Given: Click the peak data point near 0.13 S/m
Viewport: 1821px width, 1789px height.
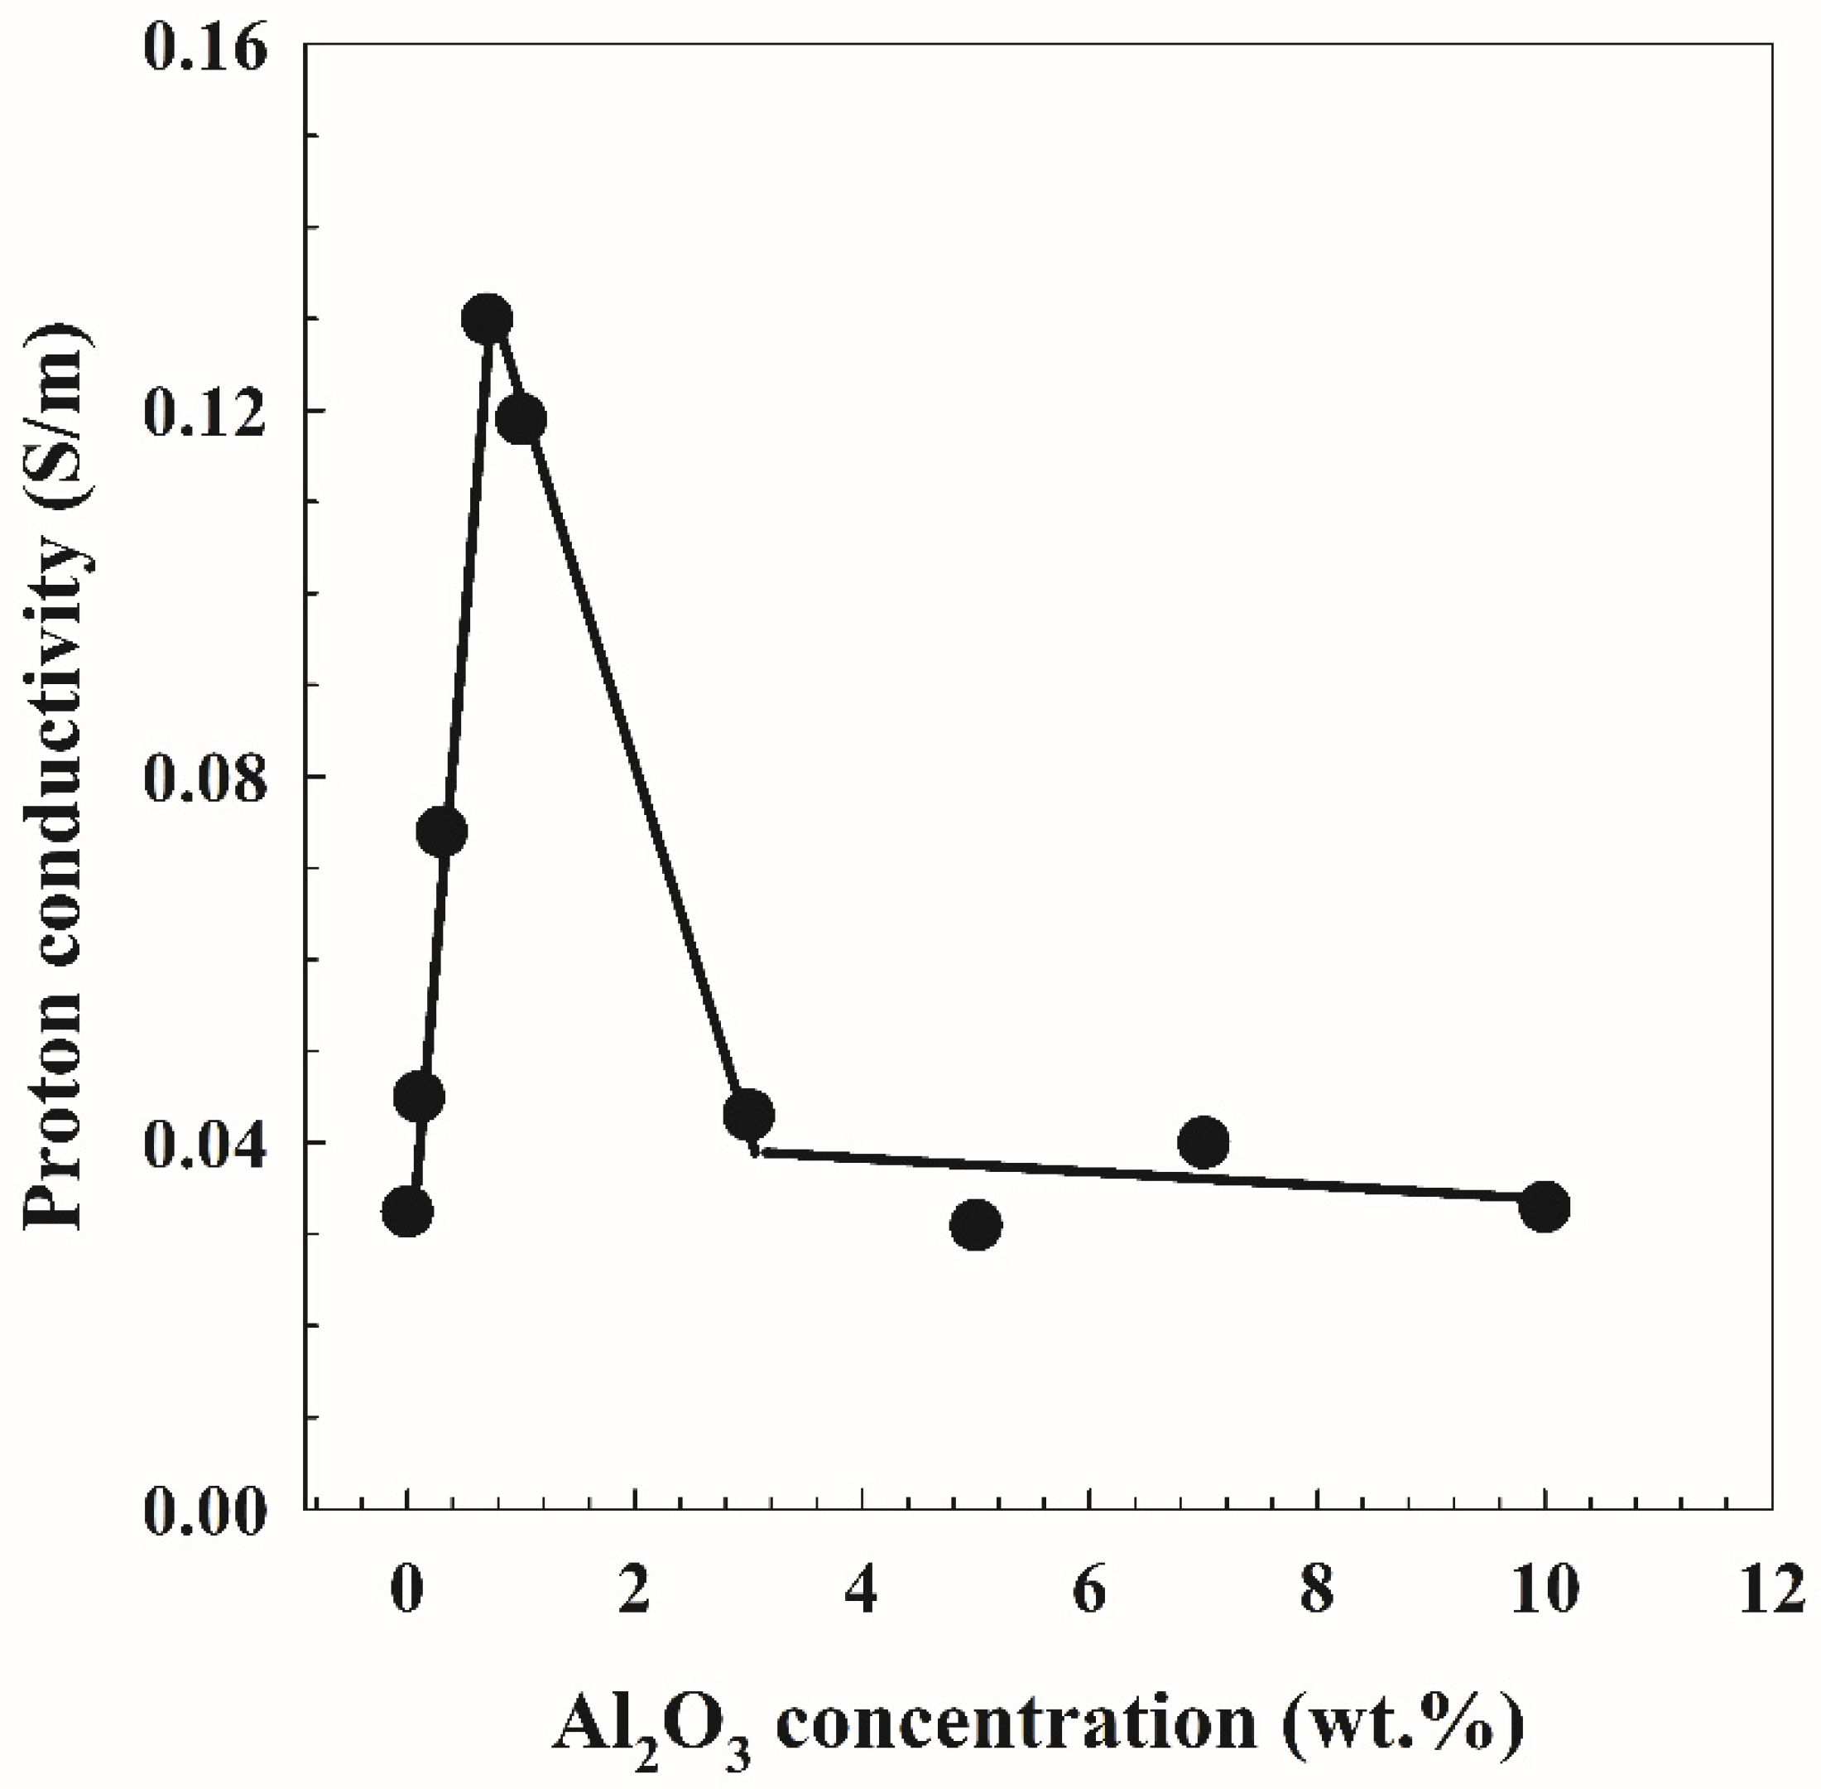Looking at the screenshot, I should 487,320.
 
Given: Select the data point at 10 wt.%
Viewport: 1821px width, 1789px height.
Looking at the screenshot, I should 1544,1206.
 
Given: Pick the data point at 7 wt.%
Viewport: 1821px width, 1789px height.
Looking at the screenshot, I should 1203,1141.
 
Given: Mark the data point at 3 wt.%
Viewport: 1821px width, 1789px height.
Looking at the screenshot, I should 748,1114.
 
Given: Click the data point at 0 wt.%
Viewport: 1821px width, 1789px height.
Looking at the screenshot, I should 406,1212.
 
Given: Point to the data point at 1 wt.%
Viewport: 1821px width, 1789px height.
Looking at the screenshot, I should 521,418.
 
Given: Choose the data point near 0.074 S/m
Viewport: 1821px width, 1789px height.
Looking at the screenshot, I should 441,832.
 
